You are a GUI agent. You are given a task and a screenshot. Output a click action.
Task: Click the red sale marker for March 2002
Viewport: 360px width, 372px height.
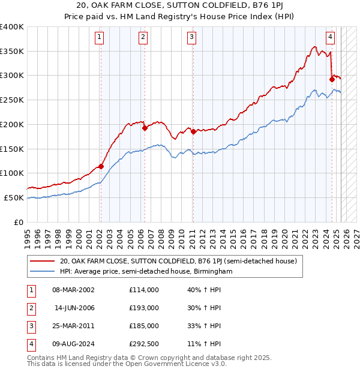101,166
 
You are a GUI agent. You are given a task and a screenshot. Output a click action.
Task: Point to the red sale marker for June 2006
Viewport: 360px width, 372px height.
145,128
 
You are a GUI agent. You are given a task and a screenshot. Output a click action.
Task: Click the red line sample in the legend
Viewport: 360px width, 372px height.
42,261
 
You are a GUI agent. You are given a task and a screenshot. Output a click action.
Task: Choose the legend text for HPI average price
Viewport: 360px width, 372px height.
146,271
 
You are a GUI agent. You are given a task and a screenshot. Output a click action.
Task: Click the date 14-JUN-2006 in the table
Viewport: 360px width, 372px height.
74,308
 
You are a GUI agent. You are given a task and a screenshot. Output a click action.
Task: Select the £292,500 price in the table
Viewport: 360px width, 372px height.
143,344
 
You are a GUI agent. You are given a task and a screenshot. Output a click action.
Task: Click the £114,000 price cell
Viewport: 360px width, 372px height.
143,290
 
